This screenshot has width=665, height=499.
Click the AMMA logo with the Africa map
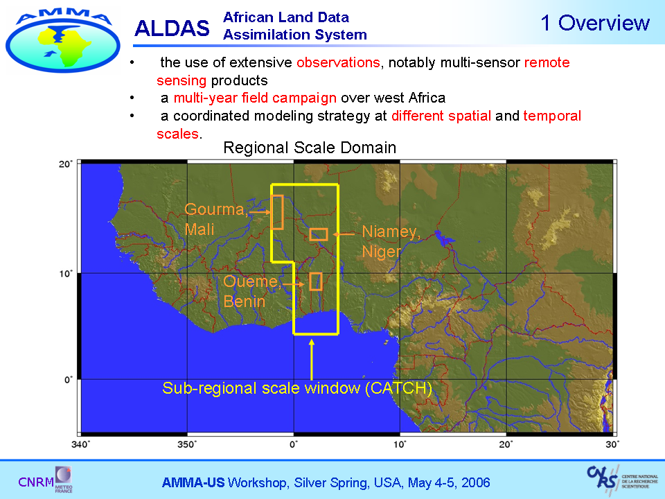(x=63, y=41)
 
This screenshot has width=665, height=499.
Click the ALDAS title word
(x=172, y=28)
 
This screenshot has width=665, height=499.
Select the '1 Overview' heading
(x=595, y=22)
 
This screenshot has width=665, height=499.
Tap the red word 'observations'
(x=338, y=63)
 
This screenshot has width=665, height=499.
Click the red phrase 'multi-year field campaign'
(x=255, y=98)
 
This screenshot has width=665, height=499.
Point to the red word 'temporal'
(x=552, y=116)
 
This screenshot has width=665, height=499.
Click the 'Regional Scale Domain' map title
(x=310, y=148)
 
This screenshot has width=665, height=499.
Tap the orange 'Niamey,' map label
(x=391, y=231)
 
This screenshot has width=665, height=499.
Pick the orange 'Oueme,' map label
(x=252, y=281)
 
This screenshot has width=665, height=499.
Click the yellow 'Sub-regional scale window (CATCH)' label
(x=297, y=388)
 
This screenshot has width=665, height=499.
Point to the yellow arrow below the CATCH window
(x=312, y=360)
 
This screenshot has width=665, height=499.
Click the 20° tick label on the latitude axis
(x=66, y=164)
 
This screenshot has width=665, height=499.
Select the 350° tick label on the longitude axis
(x=187, y=444)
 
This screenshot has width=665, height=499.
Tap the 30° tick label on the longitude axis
(x=612, y=444)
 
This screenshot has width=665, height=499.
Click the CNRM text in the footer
(x=35, y=482)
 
